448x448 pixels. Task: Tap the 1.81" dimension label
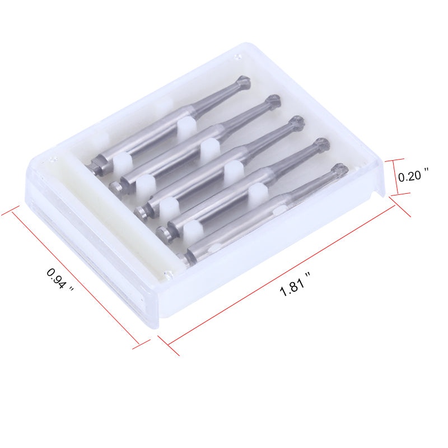pyautogui.click(x=295, y=284)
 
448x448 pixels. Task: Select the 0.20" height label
pyautogui.click(x=413, y=175)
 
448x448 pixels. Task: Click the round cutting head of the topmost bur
pyautogui.click(x=244, y=82)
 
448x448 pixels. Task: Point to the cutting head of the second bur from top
pyautogui.click(x=273, y=102)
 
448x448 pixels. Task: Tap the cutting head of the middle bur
pyautogui.click(x=297, y=123)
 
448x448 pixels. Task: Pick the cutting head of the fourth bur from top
pyautogui.click(x=321, y=144)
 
